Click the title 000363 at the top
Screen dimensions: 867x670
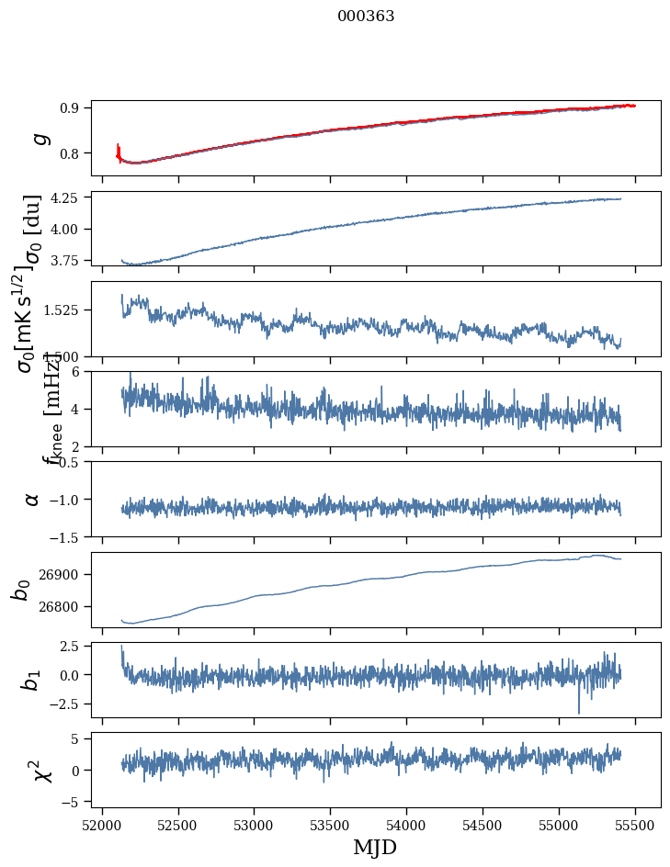[x=366, y=16]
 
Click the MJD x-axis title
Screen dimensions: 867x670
[x=375, y=847]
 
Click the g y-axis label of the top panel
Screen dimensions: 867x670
[x=39, y=138]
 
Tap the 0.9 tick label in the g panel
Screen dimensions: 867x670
[x=70, y=107]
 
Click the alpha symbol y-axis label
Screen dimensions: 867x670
[x=32, y=499]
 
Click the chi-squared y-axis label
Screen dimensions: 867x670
[x=41, y=771]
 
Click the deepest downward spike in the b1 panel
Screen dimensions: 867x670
[x=579, y=713]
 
